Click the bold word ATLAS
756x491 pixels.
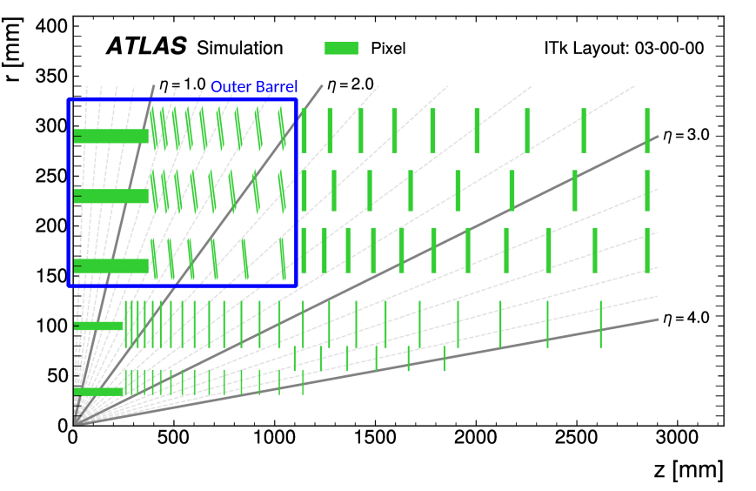pos(147,47)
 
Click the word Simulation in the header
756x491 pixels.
pos(240,48)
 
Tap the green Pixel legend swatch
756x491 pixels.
pos(342,47)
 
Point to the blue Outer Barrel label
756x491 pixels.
pos(254,86)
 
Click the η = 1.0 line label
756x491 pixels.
pos(182,84)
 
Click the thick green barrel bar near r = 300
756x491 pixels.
pos(111,136)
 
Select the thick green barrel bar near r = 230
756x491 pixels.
pos(111,196)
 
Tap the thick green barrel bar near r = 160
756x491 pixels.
pos(111,266)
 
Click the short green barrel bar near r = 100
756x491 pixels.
pos(98,326)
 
